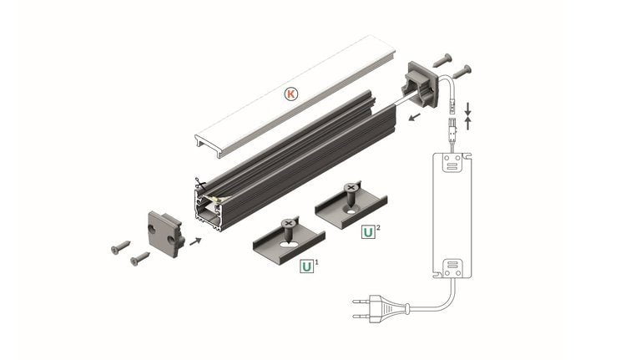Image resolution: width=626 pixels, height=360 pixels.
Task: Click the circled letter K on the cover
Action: (291, 94)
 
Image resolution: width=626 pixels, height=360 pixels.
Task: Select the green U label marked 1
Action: (306, 266)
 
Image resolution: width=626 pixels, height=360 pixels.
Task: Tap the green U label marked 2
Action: (368, 231)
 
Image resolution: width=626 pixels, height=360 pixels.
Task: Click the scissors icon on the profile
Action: (199, 185)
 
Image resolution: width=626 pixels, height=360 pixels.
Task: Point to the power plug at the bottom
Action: (381, 308)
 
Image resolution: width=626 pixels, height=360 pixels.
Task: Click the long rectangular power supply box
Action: (452, 215)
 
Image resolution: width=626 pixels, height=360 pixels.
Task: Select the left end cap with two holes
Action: (166, 234)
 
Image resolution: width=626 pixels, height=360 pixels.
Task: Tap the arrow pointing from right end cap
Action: (415, 117)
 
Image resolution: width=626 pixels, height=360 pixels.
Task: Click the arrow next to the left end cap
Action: (195, 241)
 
